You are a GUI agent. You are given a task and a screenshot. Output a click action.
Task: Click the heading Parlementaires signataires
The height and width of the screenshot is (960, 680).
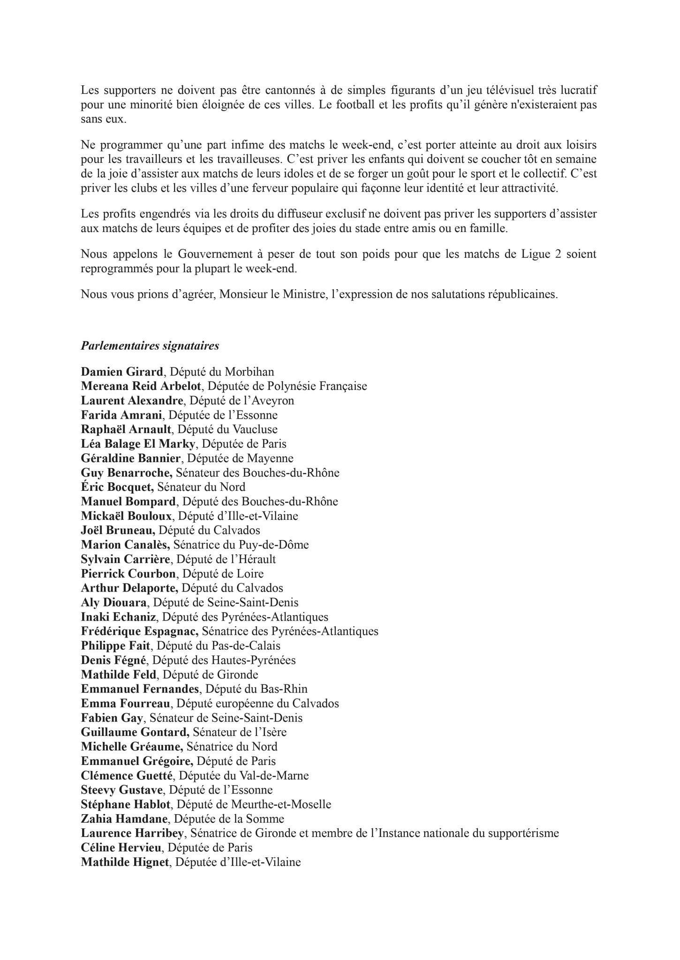pyautogui.click(x=150, y=346)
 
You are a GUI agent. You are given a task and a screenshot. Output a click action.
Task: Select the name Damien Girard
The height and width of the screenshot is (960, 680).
pyautogui.click(x=121, y=372)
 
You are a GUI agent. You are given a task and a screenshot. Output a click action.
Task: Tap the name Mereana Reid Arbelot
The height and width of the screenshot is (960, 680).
pyautogui.click(x=141, y=386)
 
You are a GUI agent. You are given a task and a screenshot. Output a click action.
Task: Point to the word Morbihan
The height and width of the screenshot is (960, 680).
pyautogui.click(x=249, y=372)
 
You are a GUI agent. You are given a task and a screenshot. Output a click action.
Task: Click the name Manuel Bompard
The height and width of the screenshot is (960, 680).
pyautogui.click(x=128, y=501)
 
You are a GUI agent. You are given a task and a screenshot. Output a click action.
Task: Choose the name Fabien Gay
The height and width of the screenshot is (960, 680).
pyautogui.click(x=112, y=718)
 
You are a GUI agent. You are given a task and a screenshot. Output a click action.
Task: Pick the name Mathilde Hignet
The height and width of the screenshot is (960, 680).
pyautogui.click(x=124, y=862)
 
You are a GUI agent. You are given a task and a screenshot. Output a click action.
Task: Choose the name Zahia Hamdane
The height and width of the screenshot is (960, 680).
pyautogui.click(x=124, y=819)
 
